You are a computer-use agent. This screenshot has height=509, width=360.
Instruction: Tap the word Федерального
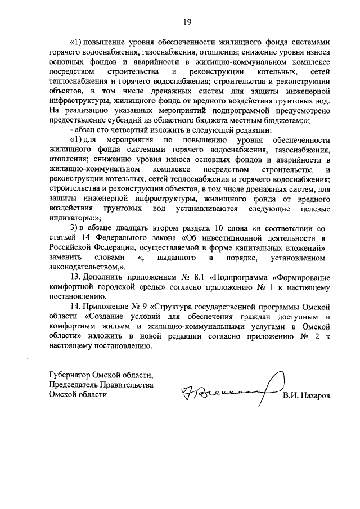click(x=125, y=237)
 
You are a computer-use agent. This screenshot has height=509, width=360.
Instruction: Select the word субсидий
click(x=123, y=122)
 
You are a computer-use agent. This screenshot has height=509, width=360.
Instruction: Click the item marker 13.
click(x=75, y=278)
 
